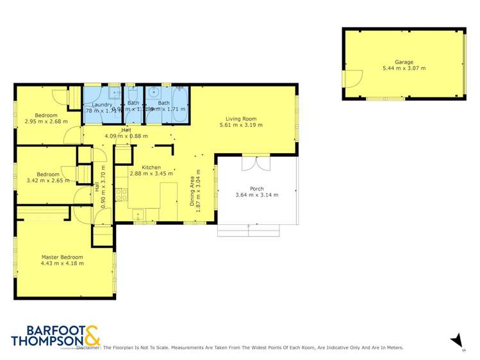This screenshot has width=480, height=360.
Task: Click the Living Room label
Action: pyautogui.click(x=241, y=119)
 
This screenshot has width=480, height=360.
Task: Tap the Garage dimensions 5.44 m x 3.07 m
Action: pyautogui.click(x=404, y=68)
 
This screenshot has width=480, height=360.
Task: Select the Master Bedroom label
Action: pyautogui.click(x=62, y=257)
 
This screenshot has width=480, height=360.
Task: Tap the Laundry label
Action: pyautogui.click(x=102, y=104)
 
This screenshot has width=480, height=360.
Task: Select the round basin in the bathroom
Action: pyautogui.click(x=153, y=93)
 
